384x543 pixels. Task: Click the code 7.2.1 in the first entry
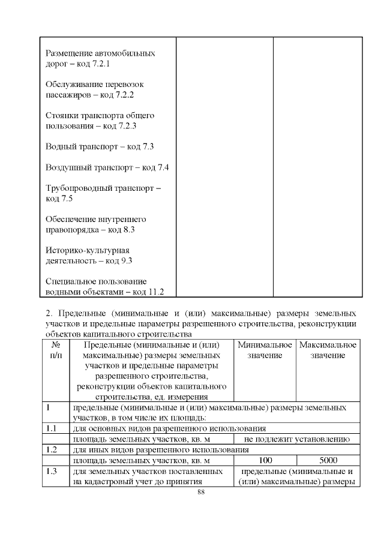click(103, 64)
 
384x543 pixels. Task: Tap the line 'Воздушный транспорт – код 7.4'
click(107, 167)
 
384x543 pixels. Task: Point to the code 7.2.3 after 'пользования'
click(124, 126)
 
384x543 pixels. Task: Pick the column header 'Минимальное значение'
click(265, 350)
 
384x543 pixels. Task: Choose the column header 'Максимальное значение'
click(328, 350)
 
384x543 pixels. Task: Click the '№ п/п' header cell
click(55, 350)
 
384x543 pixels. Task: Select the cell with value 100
click(265, 461)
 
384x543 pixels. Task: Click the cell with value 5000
click(328, 461)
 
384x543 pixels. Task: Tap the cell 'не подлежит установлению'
click(296, 439)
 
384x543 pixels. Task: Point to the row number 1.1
click(51, 428)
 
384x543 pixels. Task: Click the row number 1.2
click(51, 450)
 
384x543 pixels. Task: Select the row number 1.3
click(51, 472)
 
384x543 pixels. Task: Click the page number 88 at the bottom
click(201, 492)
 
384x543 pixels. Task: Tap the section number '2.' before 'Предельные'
click(50, 313)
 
